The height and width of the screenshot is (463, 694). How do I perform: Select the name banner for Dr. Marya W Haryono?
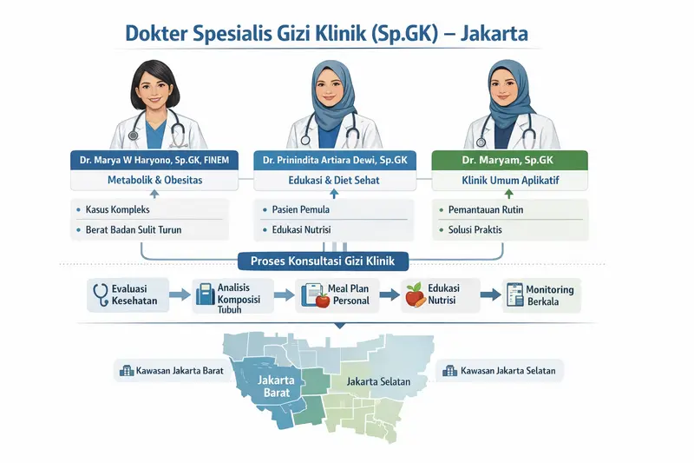[155, 160]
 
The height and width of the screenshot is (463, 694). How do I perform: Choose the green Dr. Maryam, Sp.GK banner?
[510, 160]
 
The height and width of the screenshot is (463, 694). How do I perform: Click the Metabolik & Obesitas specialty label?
[155, 181]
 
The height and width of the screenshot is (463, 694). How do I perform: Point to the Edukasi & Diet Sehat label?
[335, 181]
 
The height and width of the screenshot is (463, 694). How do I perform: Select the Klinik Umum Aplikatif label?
[510, 181]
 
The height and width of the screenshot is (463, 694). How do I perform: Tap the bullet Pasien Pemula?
[301, 210]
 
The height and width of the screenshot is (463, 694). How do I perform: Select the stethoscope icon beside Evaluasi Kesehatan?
[100, 294]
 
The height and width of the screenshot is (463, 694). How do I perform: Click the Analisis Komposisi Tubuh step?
[231, 296]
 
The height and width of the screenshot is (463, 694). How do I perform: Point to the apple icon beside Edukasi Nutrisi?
[416, 294]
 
